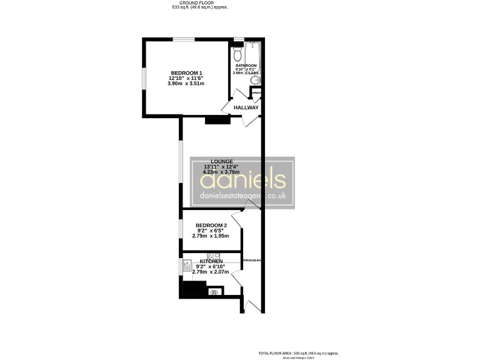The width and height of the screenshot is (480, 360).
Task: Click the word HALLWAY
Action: tap(246, 107)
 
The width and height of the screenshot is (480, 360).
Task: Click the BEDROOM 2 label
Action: tap(211, 225)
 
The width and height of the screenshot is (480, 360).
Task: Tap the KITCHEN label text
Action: tap(211, 261)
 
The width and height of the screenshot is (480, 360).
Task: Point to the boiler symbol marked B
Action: tap(214, 292)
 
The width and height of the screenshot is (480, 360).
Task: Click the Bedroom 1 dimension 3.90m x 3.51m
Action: tap(186, 84)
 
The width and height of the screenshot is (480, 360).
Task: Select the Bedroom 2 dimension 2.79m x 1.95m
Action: tap(211, 236)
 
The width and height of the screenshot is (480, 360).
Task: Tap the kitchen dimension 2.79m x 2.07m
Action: tap(211, 272)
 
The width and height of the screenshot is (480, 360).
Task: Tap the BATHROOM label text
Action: tap(246, 65)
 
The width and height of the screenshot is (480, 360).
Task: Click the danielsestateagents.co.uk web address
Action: tap(242, 196)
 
